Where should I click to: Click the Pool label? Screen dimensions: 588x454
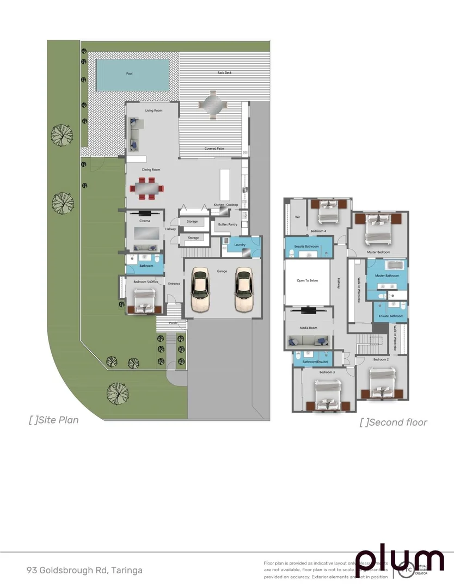129,73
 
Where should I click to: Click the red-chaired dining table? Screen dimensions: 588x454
146,188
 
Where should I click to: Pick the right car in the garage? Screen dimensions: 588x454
244,290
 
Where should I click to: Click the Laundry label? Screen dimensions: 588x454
240,245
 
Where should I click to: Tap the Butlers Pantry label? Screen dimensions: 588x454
227,224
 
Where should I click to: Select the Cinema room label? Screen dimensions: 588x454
144,220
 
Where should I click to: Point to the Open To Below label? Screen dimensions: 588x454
307,280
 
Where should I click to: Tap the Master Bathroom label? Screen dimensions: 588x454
387,276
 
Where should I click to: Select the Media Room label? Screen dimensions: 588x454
308,328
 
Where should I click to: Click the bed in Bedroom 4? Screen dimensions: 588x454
327,212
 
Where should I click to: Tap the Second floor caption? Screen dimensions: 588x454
394,422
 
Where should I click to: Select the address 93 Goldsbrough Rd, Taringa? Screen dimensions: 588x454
84,571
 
